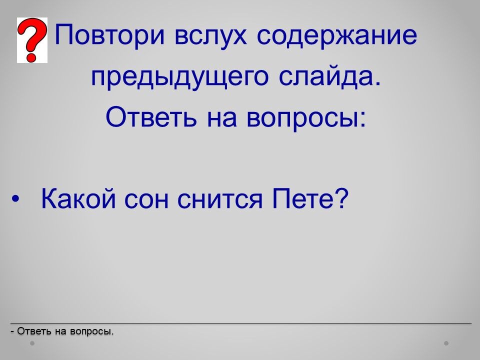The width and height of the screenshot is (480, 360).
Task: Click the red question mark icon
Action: pos(32,40)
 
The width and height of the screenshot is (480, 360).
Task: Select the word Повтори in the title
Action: pos(109,35)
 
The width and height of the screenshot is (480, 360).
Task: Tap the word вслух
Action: pos(210,35)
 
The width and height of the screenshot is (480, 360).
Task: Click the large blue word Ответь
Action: pos(150,117)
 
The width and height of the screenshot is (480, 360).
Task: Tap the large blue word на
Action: pos(221,119)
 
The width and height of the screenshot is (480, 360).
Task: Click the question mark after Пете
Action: pos(340,198)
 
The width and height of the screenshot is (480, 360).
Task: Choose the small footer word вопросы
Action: pos(91,331)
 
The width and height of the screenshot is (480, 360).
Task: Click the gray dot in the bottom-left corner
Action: pos(32,343)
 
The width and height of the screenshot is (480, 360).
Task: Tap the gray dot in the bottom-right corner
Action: pos(446,343)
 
